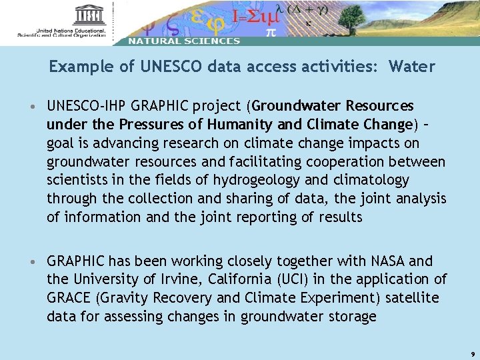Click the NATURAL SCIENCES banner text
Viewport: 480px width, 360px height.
[x=184, y=41]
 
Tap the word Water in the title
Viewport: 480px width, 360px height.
[x=411, y=67]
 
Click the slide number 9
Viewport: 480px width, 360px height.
[x=472, y=355]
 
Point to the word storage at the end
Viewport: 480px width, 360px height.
[x=353, y=317]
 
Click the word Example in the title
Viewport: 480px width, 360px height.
[x=75, y=67]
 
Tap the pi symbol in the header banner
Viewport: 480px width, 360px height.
[x=271, y=31]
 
